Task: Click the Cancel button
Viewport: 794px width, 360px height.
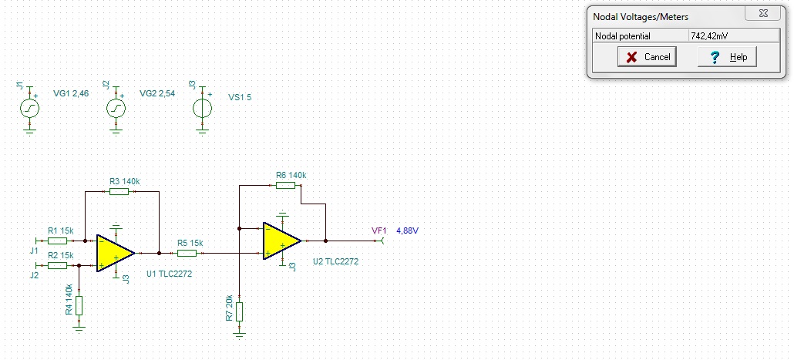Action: pos(648,57)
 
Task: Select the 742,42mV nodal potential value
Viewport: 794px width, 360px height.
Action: pos(709,36)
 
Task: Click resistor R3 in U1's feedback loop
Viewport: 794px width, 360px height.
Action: pos(119,191)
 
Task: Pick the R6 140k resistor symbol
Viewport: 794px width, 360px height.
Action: pos(285,185)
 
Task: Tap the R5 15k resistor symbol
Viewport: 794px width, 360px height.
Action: pos(187,253)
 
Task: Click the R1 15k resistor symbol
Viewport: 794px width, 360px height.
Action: pos(57,241)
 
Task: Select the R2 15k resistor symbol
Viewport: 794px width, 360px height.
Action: pos(57,265)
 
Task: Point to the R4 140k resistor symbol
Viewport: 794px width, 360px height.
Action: pos(79,306)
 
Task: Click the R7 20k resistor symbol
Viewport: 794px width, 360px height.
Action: pos(240,311)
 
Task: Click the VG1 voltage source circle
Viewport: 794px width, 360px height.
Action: pos(30,108)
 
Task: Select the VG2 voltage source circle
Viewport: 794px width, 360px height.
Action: pos(116,108)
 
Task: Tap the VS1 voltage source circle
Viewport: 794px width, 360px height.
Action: pos(203,108)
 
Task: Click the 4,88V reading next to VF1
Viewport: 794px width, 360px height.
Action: pos(407,231)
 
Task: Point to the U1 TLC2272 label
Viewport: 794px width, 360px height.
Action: pos(169,274)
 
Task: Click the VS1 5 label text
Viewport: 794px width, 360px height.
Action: pos(240,97)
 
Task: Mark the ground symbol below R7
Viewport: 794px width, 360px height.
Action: pos(240,335)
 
